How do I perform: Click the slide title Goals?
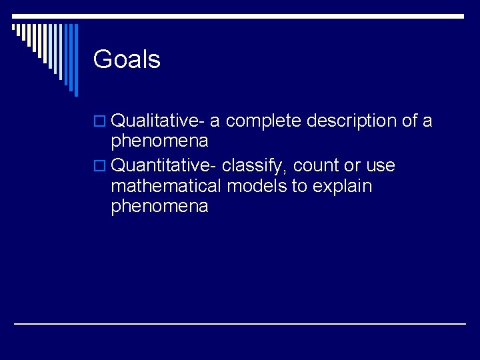tap(127, 60)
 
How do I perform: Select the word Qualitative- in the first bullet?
tap(157, 121)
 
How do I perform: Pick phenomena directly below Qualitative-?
tap(159, 141)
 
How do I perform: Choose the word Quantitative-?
tap(163, 165)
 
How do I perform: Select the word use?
tap(381, 165)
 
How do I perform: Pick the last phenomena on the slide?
tap(159, 207)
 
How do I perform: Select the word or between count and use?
tap(351, 165)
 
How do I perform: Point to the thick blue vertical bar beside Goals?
tap(75, 60)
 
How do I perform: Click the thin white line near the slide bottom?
tap(240, 324)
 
